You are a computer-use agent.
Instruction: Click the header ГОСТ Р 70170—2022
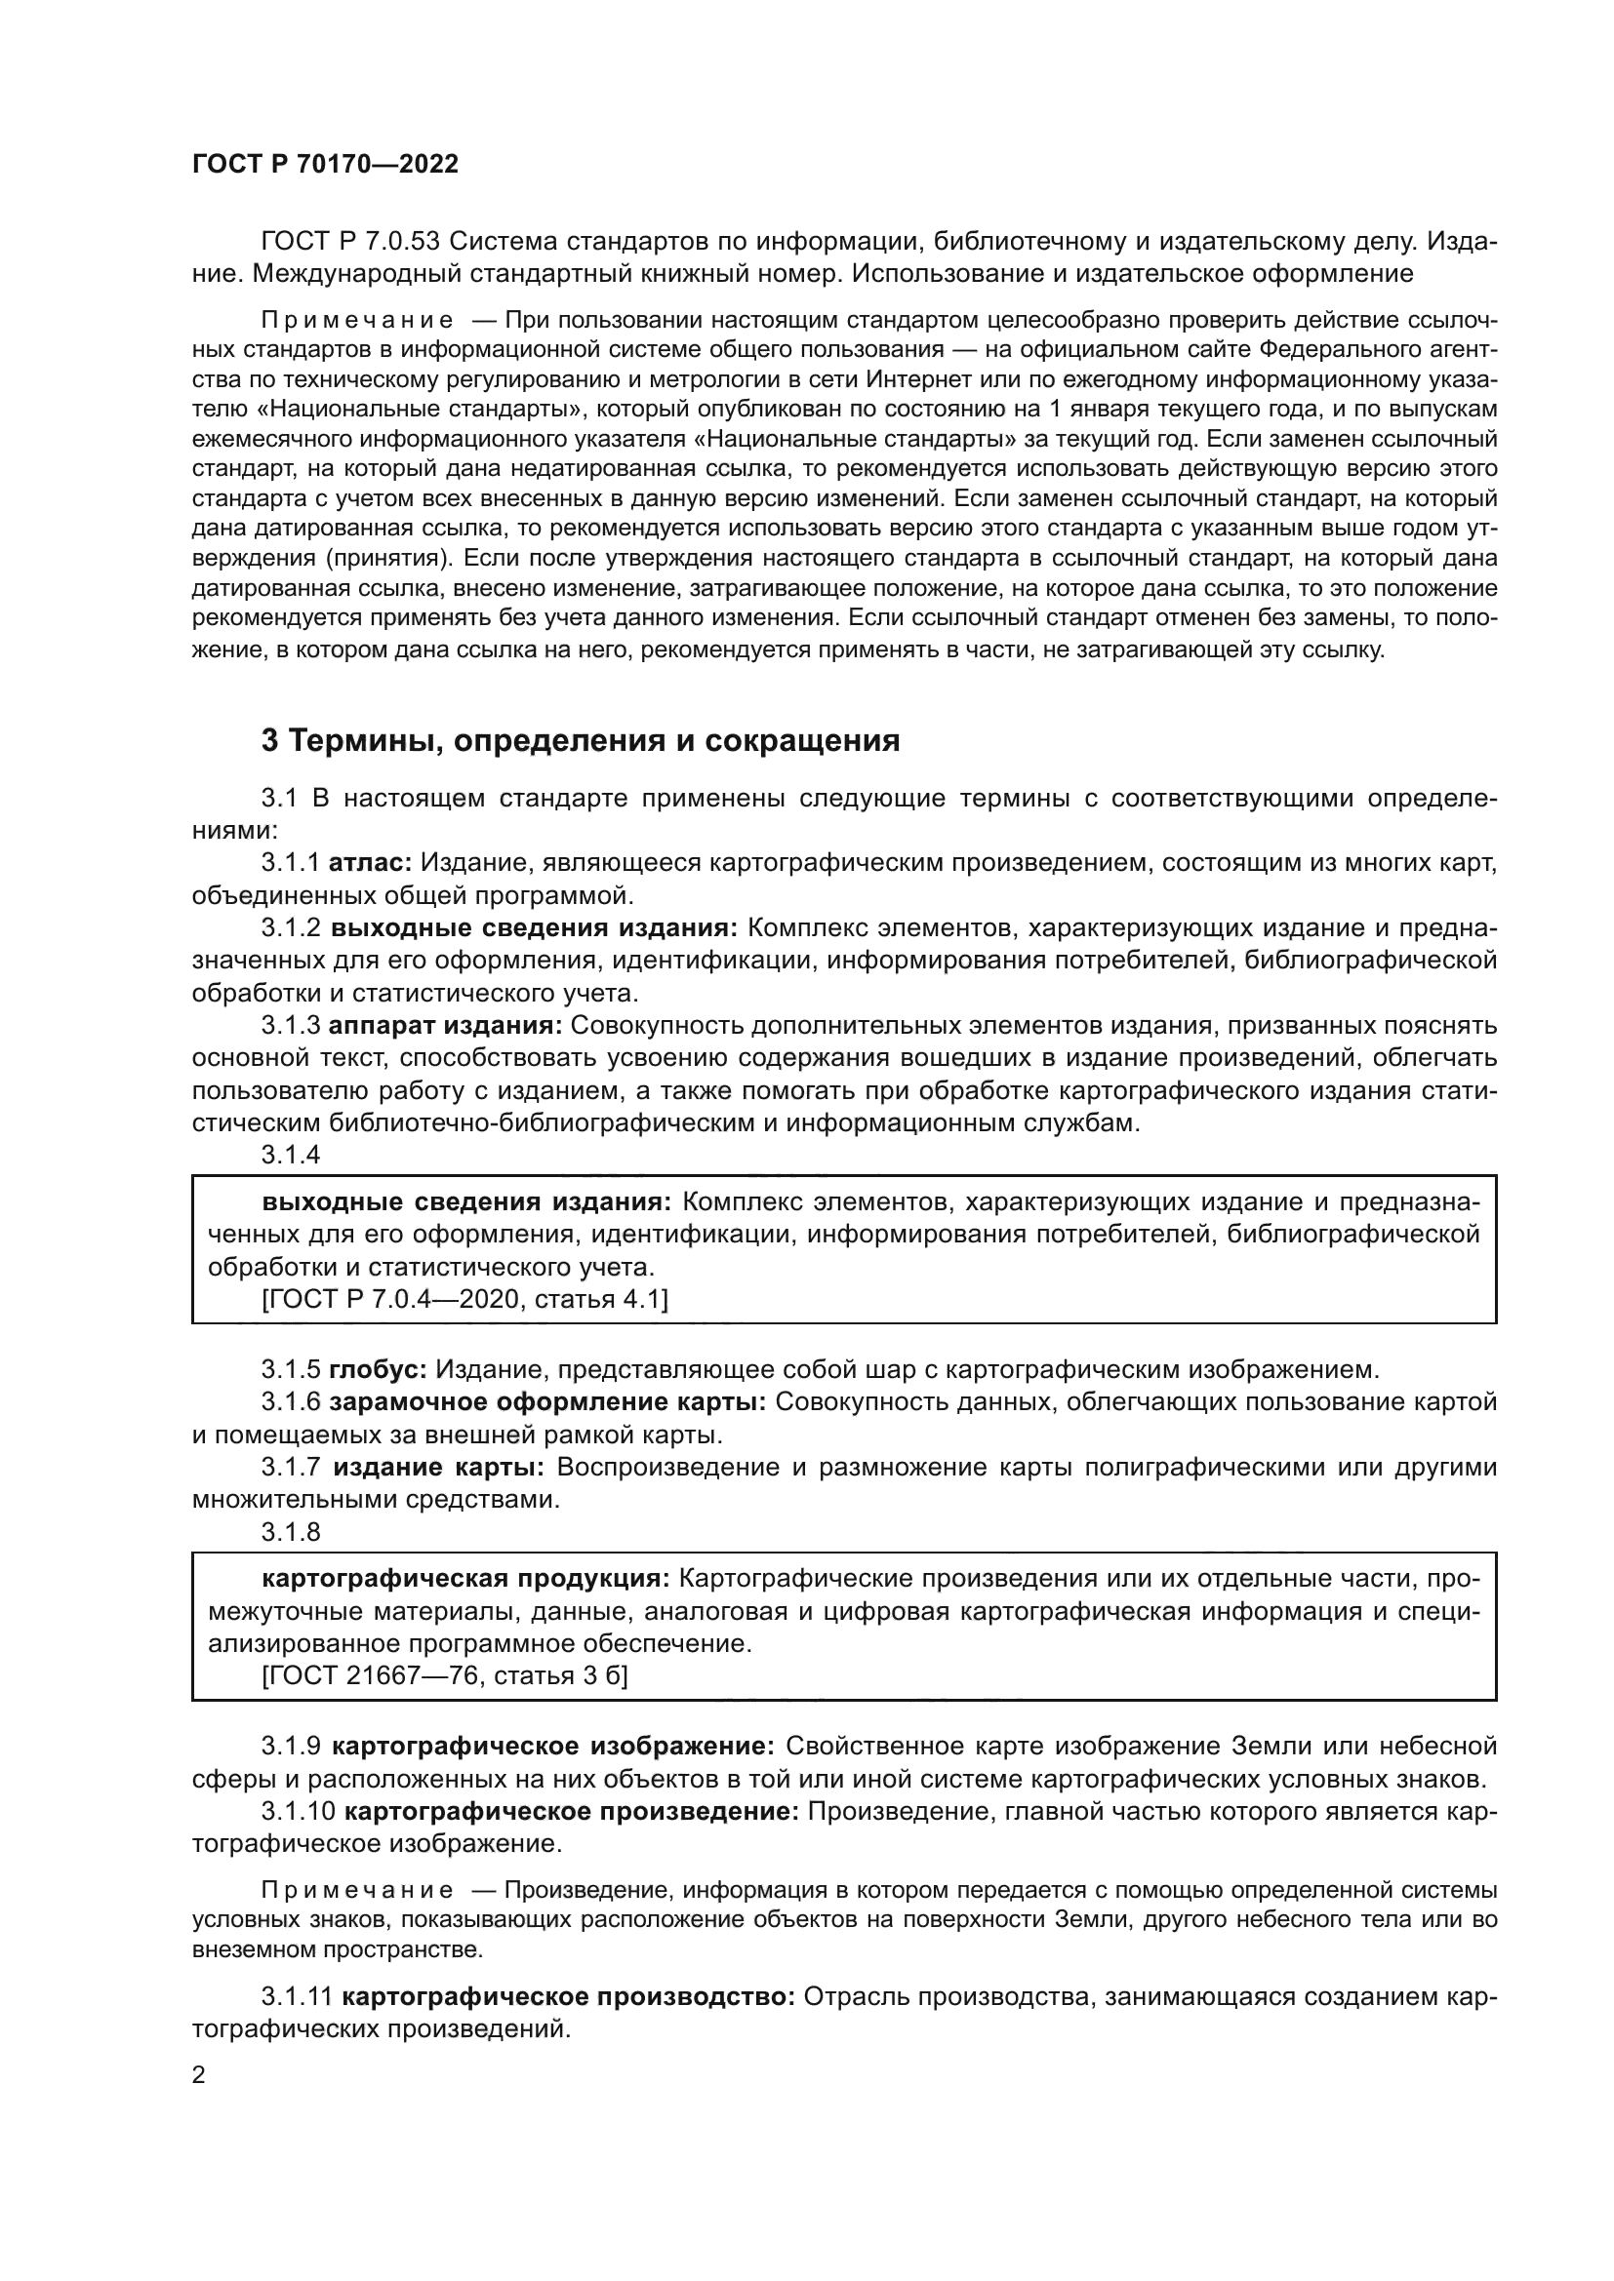tap(325, 165)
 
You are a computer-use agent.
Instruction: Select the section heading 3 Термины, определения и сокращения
tap(581, 740)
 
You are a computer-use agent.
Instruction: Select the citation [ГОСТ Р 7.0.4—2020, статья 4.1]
tap(464, 1298)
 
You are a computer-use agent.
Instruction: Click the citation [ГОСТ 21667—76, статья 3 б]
tap(444, 1675)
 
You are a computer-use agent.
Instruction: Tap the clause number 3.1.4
tap(290, 1155)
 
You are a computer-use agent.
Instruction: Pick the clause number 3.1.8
tap(290, 1531)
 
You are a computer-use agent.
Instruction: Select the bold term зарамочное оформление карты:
tap(546, 1401)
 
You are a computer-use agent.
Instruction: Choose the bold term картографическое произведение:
tap(572, 1810)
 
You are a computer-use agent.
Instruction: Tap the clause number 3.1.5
tap(290, 1369)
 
